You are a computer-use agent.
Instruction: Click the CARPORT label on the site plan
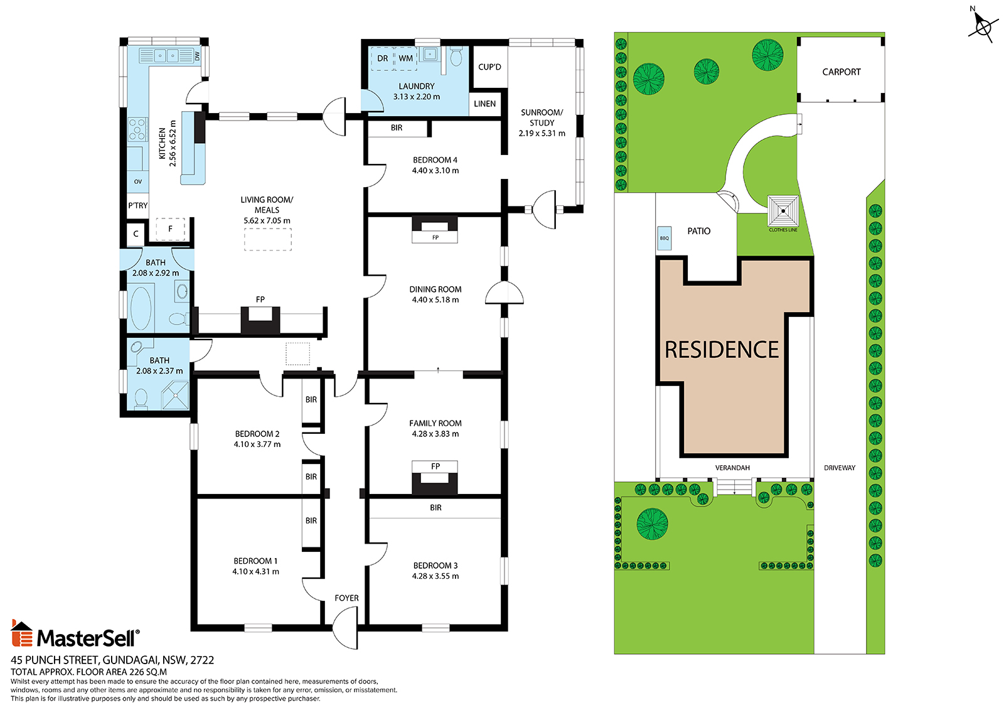pyautogui.click(x=841, y=72)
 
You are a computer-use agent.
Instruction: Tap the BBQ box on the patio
pyautogui.click(x=664, y=238)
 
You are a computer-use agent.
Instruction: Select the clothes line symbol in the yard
pyautogui.click(x=782, y=210)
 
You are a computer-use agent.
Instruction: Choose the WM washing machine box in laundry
pyautogui.click(x=405, y=58)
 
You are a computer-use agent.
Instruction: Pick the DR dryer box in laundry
pyautogui.click(x=382, y=58)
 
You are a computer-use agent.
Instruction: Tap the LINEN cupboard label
pyautogui.click(x=484, y=104)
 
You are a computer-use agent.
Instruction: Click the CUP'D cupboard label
pyautogui.click(x=489, y=67)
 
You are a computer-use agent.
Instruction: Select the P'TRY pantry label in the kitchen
pyautogui.click(x=137, y=205)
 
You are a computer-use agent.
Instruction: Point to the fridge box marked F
pyautogui.click(x=170, y=229)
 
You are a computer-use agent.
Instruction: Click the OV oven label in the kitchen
pyautogui.click(x=138, y=181)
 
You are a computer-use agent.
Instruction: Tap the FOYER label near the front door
pyautogui.click(x=346, y=598)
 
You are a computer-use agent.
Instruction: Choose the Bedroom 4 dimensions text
pyautogui.click(x=435, y=170)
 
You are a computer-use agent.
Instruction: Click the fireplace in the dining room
pyautogui.click(x=435, y=230)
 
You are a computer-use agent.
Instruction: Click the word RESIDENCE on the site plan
pyautogui.click(x=722, y=350)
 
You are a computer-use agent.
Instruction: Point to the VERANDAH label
pyautogui.click(x=732, y=468)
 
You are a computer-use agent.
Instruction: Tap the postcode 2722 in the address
pyautogui.click(x=202, y=660)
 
